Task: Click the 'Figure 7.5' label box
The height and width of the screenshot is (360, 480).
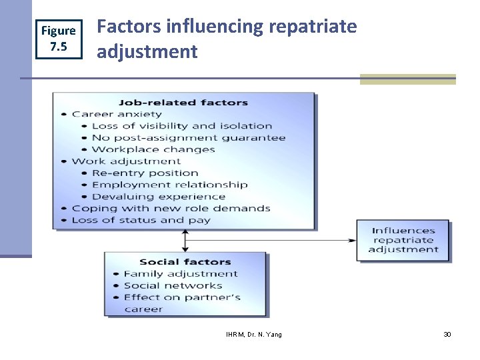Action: (59, 39)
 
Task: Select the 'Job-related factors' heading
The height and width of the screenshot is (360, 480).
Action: (183, 103)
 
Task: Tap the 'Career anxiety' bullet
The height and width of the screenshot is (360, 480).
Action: (117, 114)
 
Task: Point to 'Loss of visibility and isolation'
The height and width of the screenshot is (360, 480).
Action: (182, 126)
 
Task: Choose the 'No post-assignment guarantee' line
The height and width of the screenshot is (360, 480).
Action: (189, 138)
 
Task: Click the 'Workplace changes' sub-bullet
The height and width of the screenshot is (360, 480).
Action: (153, 149)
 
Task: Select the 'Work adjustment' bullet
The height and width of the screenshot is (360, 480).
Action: (126, 161)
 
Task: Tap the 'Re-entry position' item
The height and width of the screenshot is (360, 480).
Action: (145, 173)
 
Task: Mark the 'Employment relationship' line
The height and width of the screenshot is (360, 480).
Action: (169, 185)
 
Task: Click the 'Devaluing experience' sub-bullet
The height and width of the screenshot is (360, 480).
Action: (159, 197)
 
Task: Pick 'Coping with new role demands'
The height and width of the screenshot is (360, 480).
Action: (171, 208)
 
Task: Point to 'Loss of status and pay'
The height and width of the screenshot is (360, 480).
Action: (141, 220)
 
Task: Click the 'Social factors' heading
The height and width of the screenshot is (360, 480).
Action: (185, 262)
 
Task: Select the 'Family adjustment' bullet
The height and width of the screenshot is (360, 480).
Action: (180, 273)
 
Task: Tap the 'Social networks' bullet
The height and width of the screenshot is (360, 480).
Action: (173, 285)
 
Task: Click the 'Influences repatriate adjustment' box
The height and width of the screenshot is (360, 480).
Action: (403, 240)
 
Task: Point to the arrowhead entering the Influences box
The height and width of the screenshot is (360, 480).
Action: (353, 240)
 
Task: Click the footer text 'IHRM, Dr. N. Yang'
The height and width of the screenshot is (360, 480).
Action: (254, 334)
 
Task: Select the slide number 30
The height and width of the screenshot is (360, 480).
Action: (447, 334)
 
